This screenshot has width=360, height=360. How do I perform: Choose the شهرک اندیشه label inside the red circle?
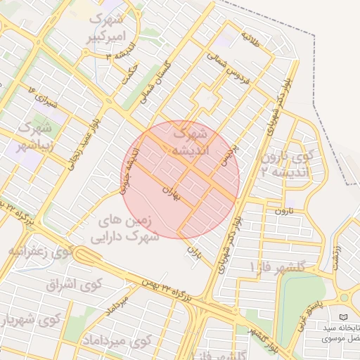pos(190,141)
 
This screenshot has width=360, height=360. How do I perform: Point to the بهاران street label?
pos(172,193)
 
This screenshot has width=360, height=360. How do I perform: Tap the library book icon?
pos(343,319)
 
